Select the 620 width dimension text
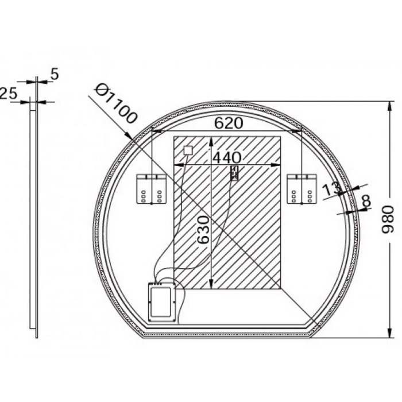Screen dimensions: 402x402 coord(229,123)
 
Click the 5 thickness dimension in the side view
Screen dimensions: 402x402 coord(55,74)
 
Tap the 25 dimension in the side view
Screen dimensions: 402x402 coord(8,94)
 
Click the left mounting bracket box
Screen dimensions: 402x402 coord(151,189)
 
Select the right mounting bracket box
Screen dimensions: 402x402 coord(301,189)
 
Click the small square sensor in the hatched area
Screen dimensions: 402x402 coord(187,150)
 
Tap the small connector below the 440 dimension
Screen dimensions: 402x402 coord(234,173)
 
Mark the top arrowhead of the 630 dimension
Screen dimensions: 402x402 coord(212,141)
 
